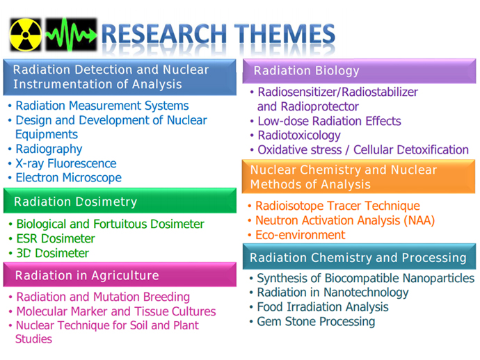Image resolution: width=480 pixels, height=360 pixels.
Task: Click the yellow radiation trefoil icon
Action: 26,35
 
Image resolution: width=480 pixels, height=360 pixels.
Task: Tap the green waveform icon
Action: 72,35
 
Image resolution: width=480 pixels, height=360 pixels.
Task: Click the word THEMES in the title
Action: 285,33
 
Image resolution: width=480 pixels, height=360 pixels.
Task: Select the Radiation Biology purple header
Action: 359,71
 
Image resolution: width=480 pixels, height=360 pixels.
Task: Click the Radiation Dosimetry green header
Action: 120,201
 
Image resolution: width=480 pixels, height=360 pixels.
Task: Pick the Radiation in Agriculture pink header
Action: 120,275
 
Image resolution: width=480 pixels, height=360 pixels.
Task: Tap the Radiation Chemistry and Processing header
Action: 359,256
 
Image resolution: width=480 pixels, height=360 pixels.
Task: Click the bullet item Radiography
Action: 49,149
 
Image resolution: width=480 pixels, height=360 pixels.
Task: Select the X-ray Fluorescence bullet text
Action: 66,163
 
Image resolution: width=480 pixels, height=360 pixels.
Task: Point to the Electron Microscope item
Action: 69,178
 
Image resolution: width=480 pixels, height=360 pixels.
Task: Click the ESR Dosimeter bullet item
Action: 56,238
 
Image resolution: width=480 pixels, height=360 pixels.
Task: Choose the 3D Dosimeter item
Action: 53,253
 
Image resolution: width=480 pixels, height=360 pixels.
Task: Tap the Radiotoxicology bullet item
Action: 299,136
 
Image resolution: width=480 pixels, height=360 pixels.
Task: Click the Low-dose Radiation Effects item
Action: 329,121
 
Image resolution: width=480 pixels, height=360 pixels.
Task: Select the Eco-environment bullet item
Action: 301,235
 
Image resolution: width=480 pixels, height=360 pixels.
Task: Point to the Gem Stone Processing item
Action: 316,322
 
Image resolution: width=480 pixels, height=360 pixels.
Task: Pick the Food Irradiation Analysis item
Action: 323,307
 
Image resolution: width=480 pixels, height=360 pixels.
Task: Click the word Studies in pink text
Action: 33,339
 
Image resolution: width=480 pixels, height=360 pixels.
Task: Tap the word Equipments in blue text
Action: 47,135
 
